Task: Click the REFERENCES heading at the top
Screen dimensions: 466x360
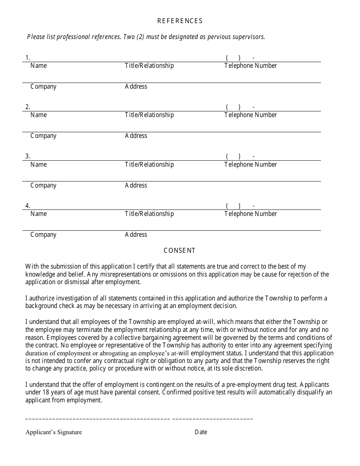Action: pyautogui.click(x=180, y=21)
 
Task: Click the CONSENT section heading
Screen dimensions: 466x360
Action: pyautogui.click(x=180, y=250)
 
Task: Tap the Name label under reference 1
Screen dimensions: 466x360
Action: pyautogui.click(x=39, y=66)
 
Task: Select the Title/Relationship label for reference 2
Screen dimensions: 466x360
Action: pyautogui.click(x=149, y=115)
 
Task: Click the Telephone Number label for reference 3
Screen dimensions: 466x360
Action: pyautogui.click(x=250, y=164)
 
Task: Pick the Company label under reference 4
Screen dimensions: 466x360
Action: pyautogui.click(x=43, y=235)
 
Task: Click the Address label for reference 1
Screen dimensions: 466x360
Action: pyautogui.click(x=136, y=86)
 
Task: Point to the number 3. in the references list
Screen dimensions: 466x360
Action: pyautogui.click(x=28, y=156)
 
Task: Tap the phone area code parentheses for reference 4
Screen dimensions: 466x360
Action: pyautogui.click(x=233, y=206)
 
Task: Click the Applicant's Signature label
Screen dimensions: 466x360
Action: pyautogui.click(x=53, y=432)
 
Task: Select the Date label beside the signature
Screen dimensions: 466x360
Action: pyautogui.click(x=201, y=432)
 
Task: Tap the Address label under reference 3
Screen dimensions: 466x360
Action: pyautogui.click(x=136, y=185)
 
